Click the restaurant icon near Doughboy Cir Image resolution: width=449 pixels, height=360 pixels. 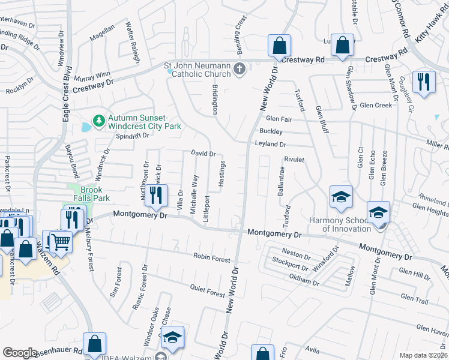click(x=424, y=82)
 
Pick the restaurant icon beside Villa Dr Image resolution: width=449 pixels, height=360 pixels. click(x=155, y=196)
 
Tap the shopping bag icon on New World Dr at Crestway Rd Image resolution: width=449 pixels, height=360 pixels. click(x=279, y=44)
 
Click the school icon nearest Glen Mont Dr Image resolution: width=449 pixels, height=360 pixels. click(x=378, y=212)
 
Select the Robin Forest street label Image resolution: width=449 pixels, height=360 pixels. click(x=211, y=257)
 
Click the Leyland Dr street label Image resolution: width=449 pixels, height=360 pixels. click(x=270, y=145)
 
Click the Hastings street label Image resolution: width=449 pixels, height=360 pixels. click(x=221, y=173)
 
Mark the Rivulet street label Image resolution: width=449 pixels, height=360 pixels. click(x=295, y=160)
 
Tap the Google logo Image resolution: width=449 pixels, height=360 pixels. click(x=20, y=353)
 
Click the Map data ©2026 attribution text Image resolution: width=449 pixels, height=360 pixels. click(x=423, y=355)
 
